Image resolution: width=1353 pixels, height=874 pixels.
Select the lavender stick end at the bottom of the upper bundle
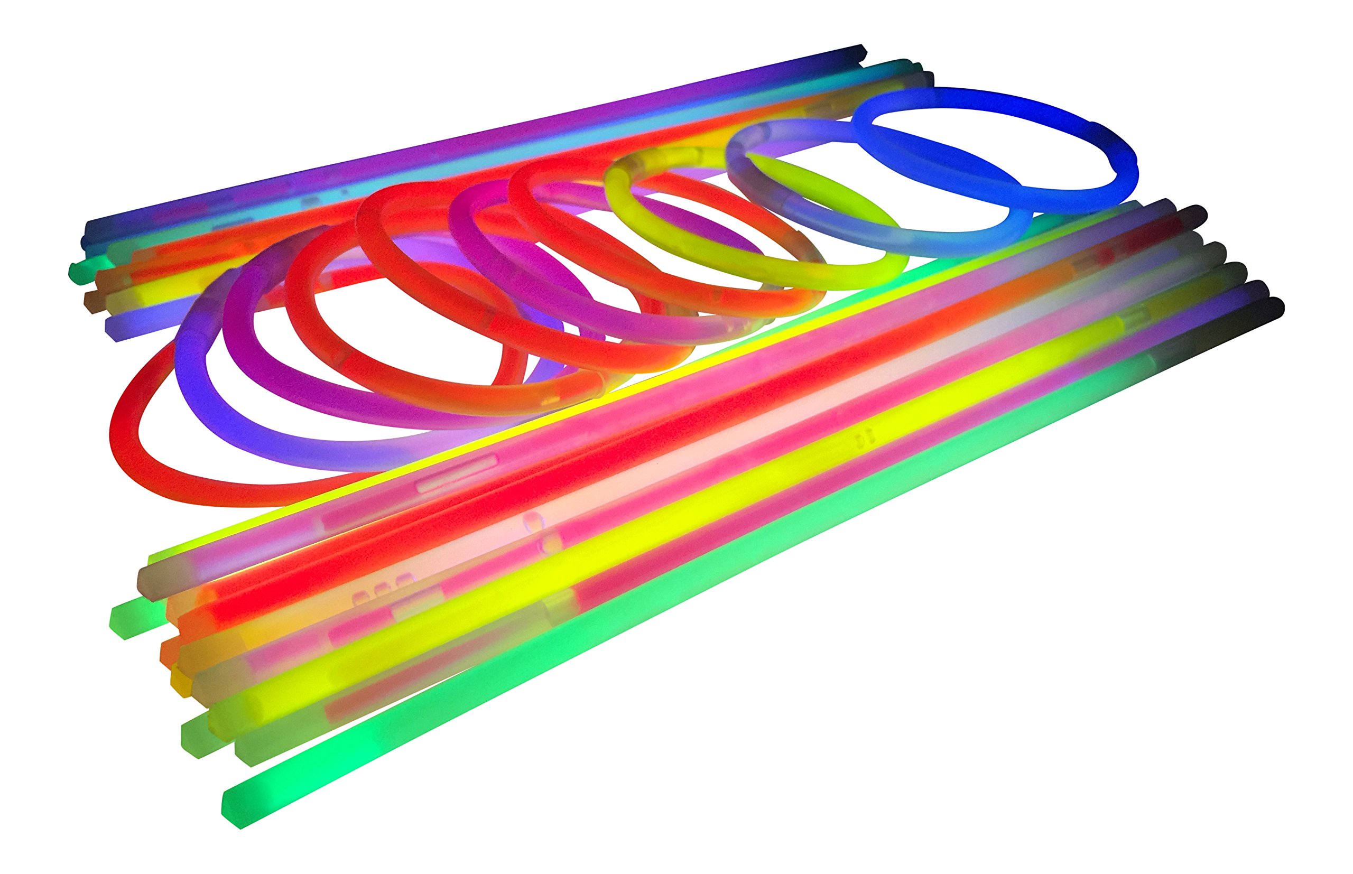pyautogui.click(x=116, y=329)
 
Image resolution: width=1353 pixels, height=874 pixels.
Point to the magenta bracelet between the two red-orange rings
pyautogui.click(x=460, y=233)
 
